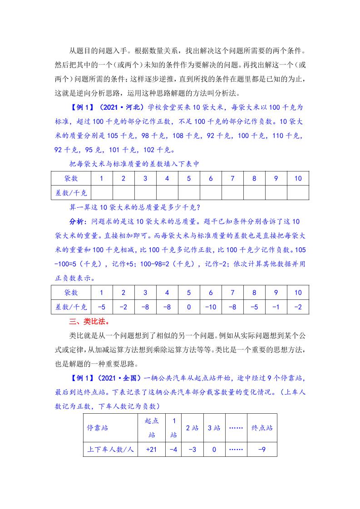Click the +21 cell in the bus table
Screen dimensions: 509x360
151,450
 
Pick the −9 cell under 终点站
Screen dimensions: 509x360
261,450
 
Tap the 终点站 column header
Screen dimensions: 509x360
261,428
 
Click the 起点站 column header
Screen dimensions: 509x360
151,428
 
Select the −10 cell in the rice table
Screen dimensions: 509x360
211,307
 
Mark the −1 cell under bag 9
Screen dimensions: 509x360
276,307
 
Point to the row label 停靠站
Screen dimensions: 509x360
98,428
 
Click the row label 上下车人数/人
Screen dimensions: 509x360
110,450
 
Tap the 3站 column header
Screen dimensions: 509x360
214,428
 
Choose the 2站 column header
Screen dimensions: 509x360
192,428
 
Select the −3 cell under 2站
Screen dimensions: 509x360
192,450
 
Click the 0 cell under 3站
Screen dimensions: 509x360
214,450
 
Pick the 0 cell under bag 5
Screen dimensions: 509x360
189,307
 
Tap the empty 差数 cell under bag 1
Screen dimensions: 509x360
102,192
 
